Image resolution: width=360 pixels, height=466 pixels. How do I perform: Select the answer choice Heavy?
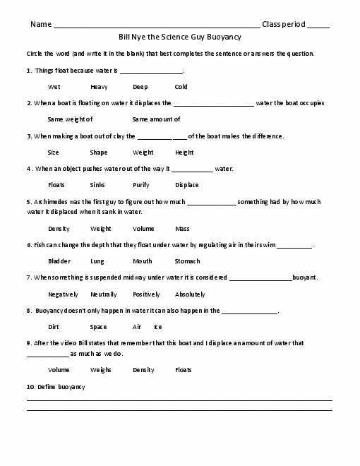tap(99, 87)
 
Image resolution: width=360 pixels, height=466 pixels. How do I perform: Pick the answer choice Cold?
tap(181, 87)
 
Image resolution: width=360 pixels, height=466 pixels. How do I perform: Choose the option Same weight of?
tap(70, 119)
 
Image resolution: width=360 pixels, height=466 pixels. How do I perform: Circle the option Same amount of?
tap(156, 119)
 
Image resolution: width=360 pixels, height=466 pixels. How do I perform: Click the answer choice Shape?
tap(99, 153)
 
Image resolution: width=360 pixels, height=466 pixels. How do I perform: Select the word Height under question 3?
tap(184, 153)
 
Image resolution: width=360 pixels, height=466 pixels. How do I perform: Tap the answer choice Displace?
tap(187, 185)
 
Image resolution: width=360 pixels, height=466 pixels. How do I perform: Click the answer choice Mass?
tap(182, 229)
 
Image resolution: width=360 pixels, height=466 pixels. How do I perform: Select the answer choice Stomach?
tap(187, 261)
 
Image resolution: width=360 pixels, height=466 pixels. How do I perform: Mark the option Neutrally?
tap(103, 294)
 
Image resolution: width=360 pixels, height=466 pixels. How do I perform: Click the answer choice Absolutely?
tap(190, 294)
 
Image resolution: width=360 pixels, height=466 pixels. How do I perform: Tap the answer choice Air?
tap(137, 327)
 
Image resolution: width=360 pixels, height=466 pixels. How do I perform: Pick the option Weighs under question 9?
tap(101, 370)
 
